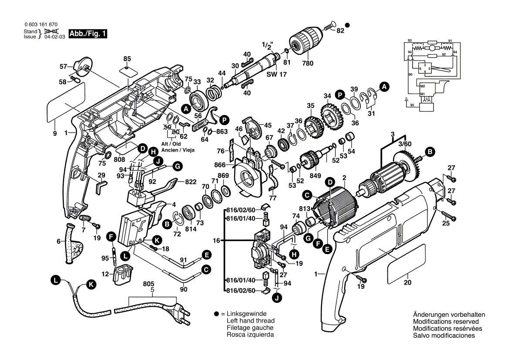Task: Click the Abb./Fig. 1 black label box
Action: (88, 34)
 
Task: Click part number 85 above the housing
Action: (127, 58)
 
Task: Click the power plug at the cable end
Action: (180, 312)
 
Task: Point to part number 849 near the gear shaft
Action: (315, 176)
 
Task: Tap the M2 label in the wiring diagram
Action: (422, 87)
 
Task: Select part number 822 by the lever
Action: (190, 182)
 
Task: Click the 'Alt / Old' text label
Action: (170, 143)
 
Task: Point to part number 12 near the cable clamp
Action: (105, 274)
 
